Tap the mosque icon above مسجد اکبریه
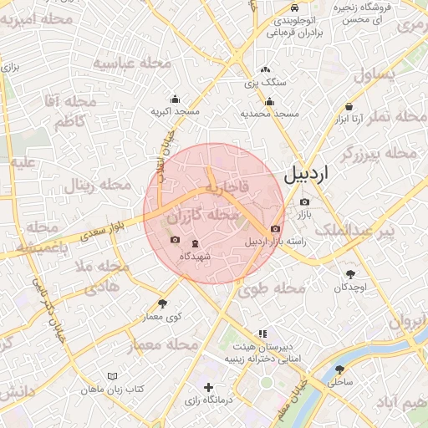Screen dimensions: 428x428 coord(175,98)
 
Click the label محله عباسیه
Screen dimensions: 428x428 coord(131,64)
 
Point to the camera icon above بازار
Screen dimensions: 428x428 coord(304,201)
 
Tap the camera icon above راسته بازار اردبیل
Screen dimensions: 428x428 coord(276,228)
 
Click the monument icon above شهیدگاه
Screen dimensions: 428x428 coord(195,243)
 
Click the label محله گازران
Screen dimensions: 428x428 coord(203,217)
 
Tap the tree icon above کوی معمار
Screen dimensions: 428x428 coord(162,303)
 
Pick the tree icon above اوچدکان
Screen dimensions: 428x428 coord(349,273)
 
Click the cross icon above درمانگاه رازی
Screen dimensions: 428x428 coord(209,387)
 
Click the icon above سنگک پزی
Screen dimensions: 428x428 coord(265,70)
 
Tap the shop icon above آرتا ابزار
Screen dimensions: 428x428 coord(348,107)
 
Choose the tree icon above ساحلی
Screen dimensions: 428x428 coord(339,369)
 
